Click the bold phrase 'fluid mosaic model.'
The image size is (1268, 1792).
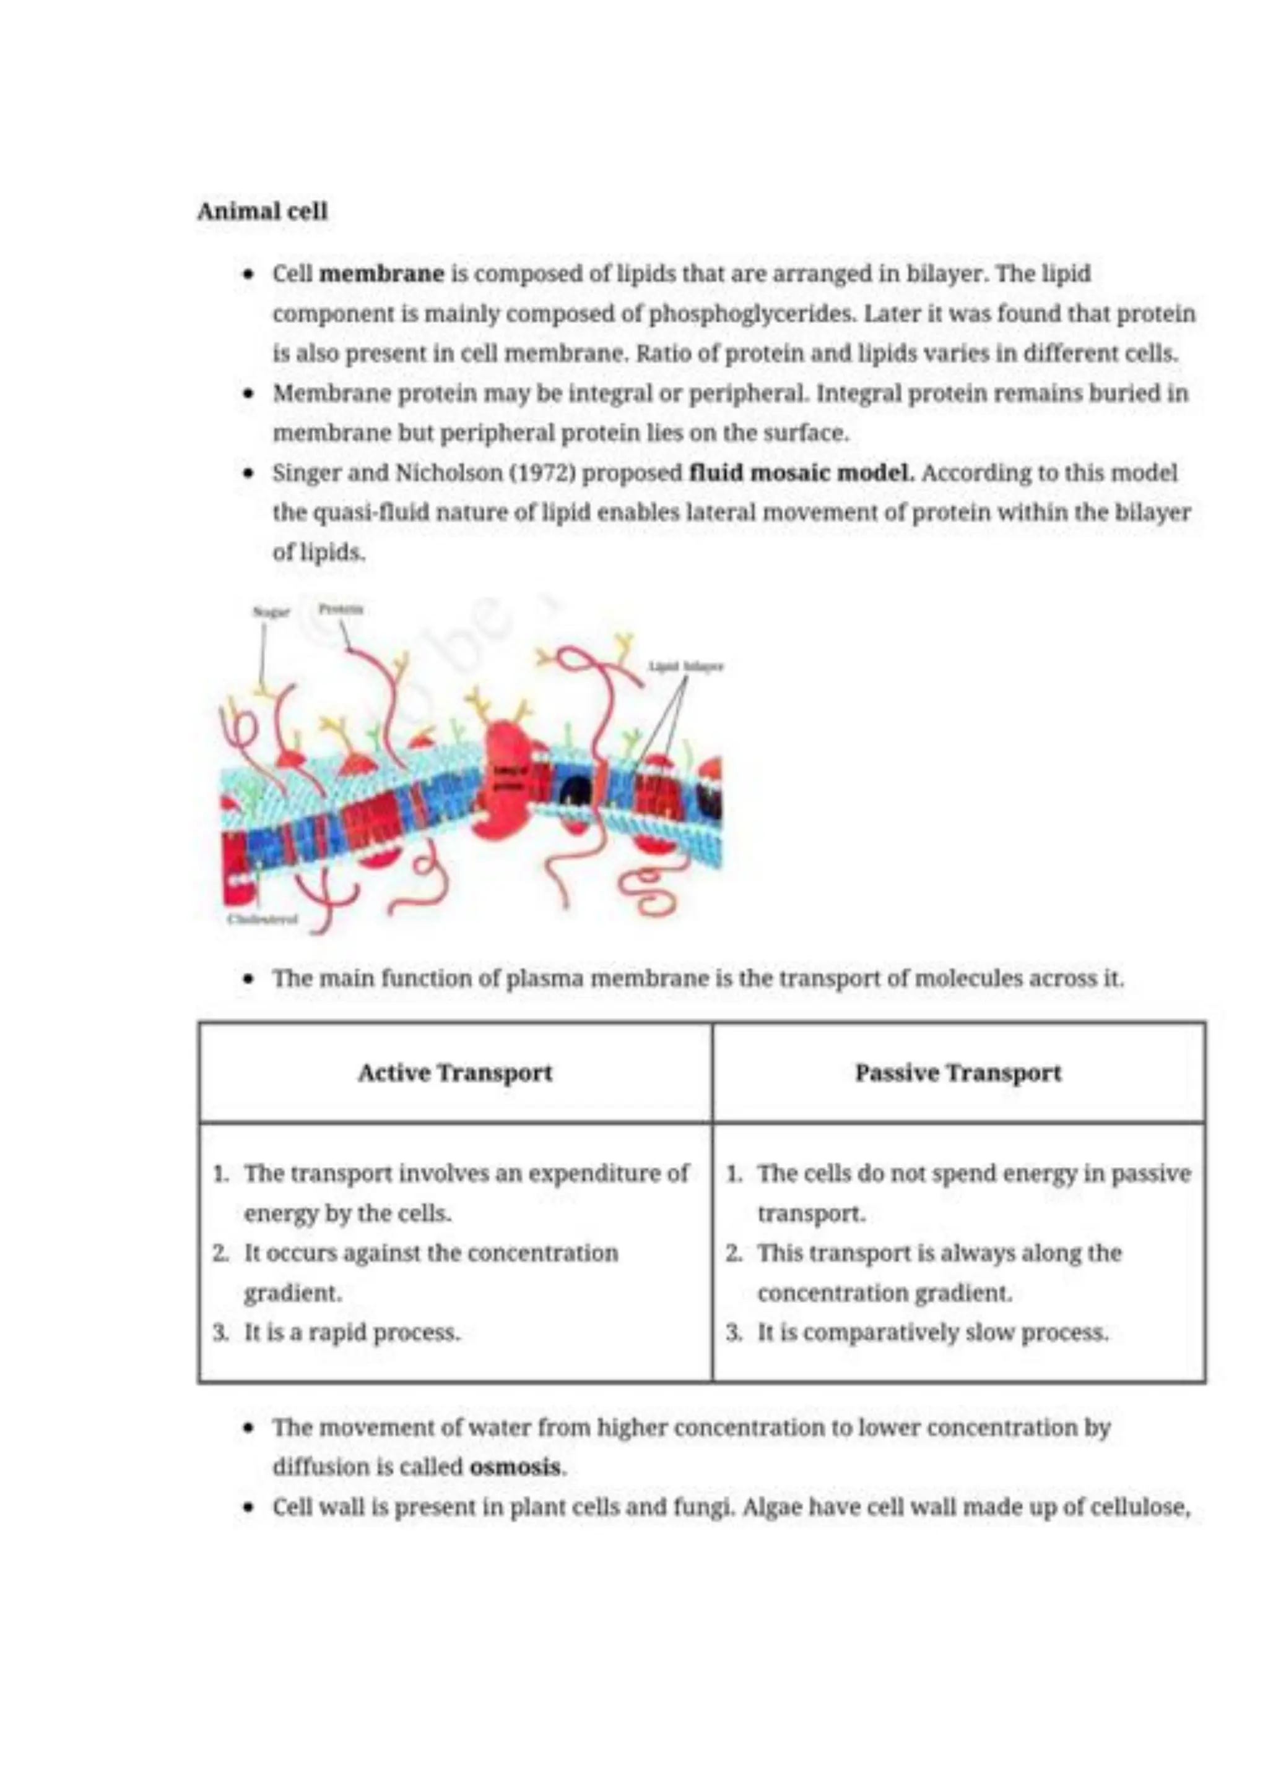coord(802,473)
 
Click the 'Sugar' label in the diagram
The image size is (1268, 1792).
coord(271,612)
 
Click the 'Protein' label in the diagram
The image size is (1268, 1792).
coord(341,609)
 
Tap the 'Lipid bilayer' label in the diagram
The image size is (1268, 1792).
coord(686,666)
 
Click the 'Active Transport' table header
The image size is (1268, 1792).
coord(454,1072)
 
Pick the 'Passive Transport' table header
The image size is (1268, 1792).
coord(958,1072)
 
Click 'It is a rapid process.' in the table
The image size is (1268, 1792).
coord(352,1332)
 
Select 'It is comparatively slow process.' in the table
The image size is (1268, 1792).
coord(932,1332)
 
